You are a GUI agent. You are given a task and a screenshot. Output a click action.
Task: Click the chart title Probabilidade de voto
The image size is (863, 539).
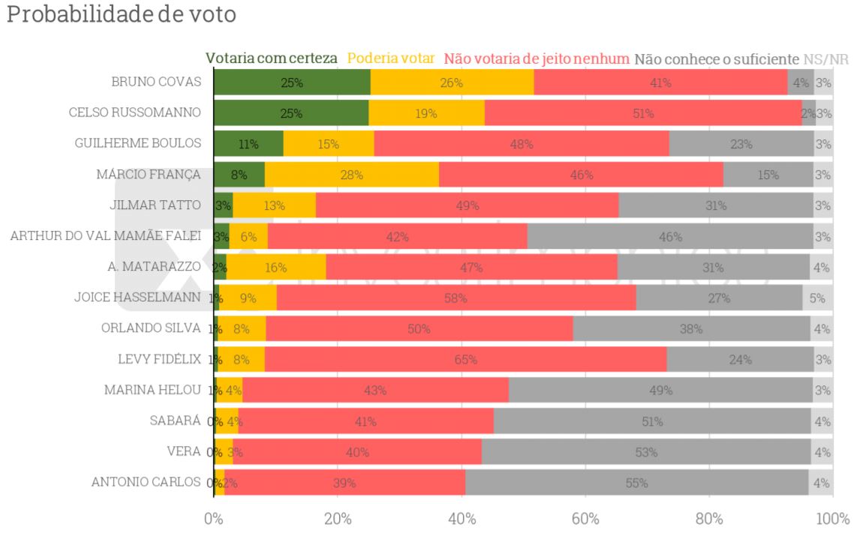tap(121, 15)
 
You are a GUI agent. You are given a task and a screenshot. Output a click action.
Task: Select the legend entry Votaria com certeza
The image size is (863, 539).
tap(271, 58)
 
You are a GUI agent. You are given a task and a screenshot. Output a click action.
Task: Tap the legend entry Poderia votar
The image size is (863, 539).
tap(391, 58)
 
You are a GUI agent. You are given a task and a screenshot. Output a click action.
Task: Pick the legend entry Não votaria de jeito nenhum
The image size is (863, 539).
tap(537, 58)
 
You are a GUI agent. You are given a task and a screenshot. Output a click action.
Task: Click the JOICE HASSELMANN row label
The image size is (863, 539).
tap(137, 297)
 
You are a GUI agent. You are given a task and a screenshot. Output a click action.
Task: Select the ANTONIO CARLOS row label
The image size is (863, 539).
tap(146, 482)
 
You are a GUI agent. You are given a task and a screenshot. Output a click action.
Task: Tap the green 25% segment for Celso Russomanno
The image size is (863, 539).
tap(291, 113)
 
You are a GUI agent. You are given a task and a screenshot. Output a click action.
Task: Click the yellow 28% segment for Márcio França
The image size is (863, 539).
tap(351, 175)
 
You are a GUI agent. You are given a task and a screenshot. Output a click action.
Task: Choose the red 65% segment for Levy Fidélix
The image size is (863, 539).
tap(465, 359)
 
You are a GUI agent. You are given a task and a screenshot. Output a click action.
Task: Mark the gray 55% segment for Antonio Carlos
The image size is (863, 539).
tap(636, 483)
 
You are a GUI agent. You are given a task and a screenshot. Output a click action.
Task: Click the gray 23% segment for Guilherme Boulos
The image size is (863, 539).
tap(741, 144)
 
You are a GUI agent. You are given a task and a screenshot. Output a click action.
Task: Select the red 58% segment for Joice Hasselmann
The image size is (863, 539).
tap(456, 298)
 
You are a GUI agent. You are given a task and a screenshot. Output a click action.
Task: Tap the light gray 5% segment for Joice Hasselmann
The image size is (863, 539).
tap(817, 298)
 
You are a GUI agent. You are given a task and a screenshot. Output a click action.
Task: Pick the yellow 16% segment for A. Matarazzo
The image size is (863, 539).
tap(275, 267)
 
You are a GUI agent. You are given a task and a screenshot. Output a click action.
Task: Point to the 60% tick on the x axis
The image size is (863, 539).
tap(585, 519)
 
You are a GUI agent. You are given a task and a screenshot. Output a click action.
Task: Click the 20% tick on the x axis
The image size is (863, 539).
tap(338, 519)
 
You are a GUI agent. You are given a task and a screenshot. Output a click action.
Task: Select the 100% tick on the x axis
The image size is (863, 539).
tap(831, 519)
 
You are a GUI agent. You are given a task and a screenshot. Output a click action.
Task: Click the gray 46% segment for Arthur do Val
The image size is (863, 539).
tap(669, 236)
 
